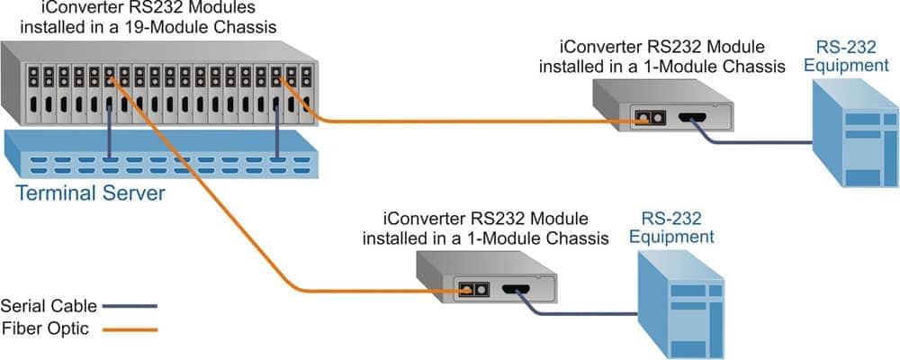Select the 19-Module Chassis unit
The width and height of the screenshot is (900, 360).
(162, 85)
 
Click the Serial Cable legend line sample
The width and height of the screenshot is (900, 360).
(131, 306)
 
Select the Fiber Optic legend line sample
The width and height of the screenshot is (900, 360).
(131, 329)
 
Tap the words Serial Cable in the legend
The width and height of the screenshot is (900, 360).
(49, 305)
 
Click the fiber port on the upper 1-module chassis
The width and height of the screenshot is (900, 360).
(643, 118)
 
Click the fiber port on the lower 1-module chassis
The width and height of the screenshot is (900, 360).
(468, 290)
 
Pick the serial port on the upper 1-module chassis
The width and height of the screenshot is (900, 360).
(694, 118)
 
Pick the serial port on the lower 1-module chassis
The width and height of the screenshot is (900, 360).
(517, 290)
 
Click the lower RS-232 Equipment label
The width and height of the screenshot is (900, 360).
(671, 228)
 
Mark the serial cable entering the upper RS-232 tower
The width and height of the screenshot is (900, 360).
(792, 142)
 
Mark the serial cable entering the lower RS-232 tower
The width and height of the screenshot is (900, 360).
(621, 315)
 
